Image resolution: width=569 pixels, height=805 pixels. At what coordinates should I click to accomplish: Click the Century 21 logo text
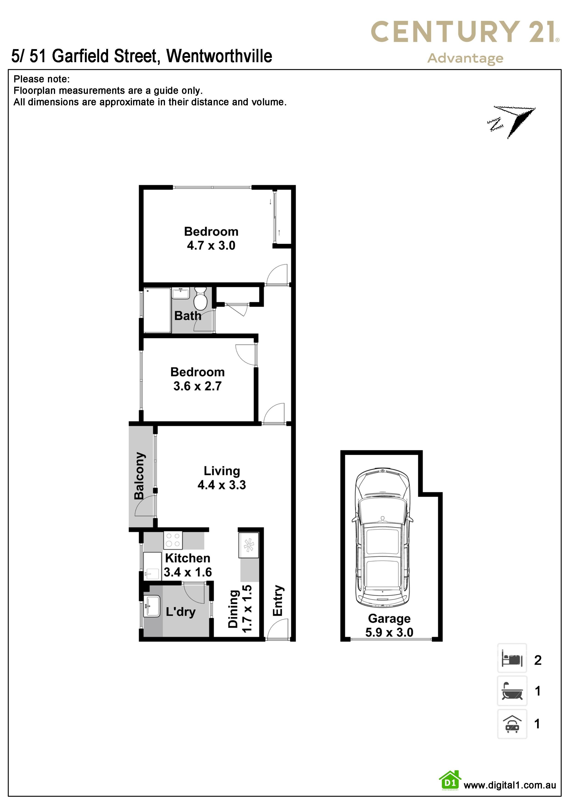coord(465,32)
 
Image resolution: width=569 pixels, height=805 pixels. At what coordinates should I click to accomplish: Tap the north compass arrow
coord(512,122)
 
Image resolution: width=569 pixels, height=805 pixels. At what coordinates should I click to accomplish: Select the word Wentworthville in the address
coord(219,56)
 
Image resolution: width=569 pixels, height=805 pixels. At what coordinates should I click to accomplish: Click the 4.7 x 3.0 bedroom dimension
coord(211,246)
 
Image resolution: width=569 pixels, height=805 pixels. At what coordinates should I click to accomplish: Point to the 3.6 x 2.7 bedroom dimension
coord(197,386)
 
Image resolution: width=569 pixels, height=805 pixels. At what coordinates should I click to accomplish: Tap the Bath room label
coord(188,316)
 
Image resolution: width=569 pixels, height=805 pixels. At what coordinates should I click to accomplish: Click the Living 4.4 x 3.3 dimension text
coord(222,485)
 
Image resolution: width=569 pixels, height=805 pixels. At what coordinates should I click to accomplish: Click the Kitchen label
coord(187,558)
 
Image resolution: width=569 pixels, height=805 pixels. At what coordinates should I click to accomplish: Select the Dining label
coord(234,609)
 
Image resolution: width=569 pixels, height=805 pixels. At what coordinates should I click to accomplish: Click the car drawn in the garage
coord(382,537)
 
